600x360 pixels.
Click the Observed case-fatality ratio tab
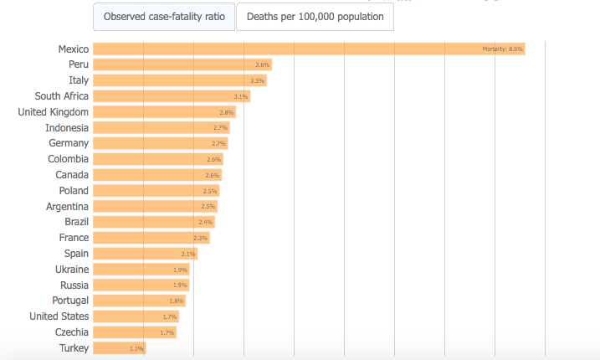(x=163, y=17)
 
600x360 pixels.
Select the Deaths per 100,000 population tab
(x=315, y=17)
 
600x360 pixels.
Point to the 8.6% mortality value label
(x=502, y=49)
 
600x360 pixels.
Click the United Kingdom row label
(x=53, y=112)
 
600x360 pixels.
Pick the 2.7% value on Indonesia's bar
(x=220, y=128)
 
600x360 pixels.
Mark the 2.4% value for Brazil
(x=206, y=223)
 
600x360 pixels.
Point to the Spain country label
(x=76, y=254)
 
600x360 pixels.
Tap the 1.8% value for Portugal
(x=176, y=301)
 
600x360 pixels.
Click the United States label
(x=59, y=316)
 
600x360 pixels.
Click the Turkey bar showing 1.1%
(x=117, y=348)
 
